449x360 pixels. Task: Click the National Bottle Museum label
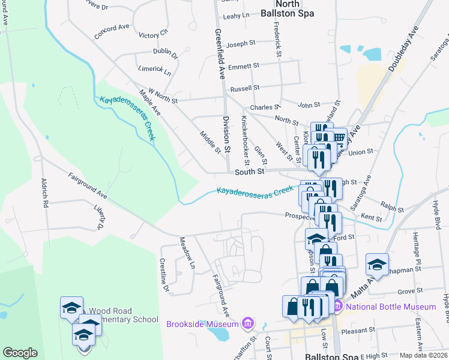pyautogui.click(x=391, y=307)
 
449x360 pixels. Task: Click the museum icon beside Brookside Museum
pyautogui.click(x=247, y=325)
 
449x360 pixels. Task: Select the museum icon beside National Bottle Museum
pyautogui.click(x=337, y=307)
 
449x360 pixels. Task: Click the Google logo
pyautogui.click(x=20, y=353)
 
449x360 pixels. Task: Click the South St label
pyautogui.click(x=250, y=172)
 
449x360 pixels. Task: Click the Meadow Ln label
pyautogui.click(x=187, y=253)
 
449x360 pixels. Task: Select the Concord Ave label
pyautogui.click(x=112, y=31)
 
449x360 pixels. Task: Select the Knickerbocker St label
pyautogui.click(x=245, y=141)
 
